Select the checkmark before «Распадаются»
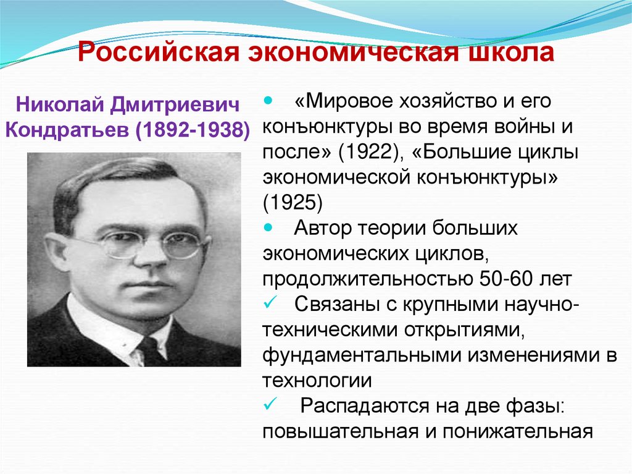click(268, 405)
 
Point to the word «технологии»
click(317, 380)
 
